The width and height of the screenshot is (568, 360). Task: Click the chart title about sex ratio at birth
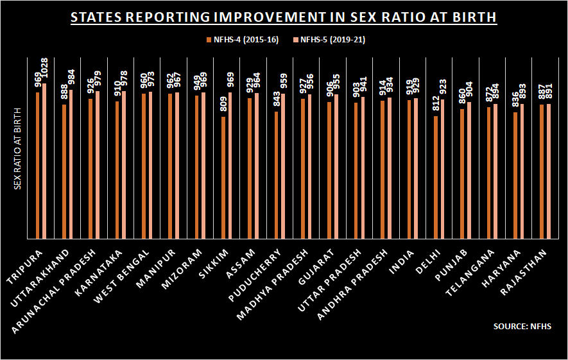point(283,17)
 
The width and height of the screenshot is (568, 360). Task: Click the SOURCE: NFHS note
point(522,327)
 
